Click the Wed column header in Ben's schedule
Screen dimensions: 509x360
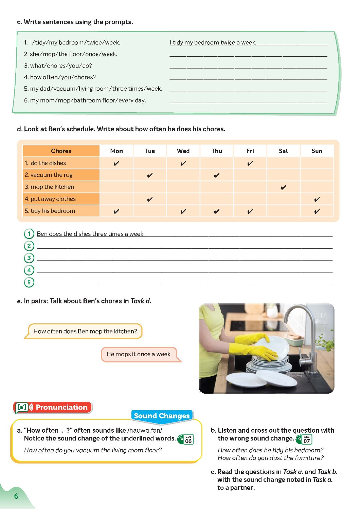pos(183,151)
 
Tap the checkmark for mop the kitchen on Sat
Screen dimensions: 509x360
pos(284,187)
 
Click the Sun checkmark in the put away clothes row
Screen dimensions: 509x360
pos(317,199)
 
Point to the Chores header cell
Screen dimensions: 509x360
pos(61,151)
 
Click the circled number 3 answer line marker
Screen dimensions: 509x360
pos(29,258)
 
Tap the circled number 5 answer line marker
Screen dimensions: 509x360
pos(29,282)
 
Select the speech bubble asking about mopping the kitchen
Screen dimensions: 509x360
pos(85,331)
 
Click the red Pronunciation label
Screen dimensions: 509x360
pos(53,407)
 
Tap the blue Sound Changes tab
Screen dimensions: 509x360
pos(162,416)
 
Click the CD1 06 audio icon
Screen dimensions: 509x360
pos(186,439)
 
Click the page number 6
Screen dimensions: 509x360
pos(16,496)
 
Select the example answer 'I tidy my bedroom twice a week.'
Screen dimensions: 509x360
pos(213,43)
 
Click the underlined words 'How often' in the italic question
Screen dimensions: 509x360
pos(39,450)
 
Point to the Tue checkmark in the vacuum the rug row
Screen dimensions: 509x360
pos(150,175)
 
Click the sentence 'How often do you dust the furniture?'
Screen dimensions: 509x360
pos(270,458)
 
